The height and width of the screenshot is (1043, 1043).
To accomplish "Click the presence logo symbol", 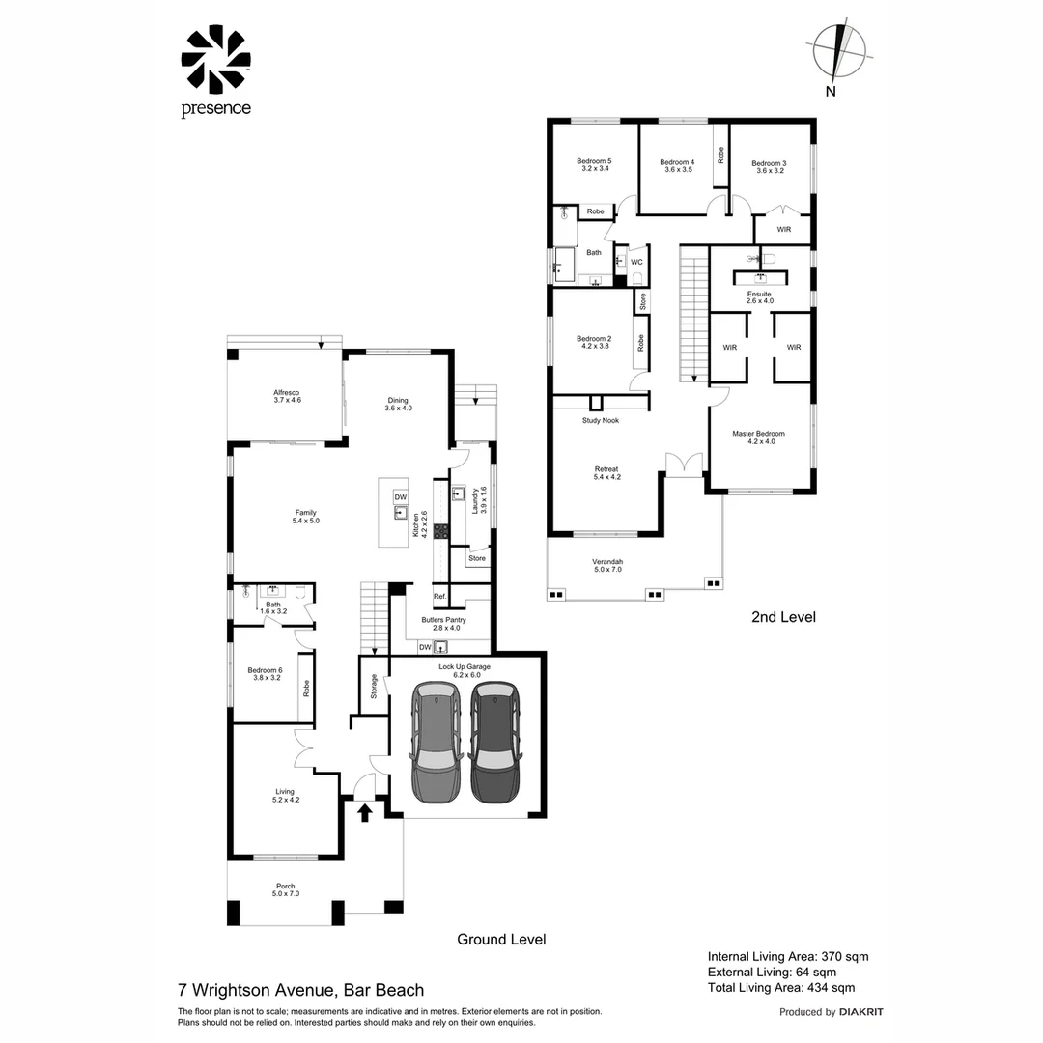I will click(215, 59).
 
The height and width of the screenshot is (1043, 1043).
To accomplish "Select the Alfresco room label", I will click(286, 393).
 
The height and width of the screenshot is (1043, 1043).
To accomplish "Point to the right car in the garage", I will click(494, 742).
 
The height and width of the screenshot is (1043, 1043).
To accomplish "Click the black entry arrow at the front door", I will click(364, 813).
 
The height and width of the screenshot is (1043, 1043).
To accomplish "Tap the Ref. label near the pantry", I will click(439, 596).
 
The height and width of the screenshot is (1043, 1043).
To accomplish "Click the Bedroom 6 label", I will click(264, 670).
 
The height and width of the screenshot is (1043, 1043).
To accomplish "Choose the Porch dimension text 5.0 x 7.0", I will click(286, 894).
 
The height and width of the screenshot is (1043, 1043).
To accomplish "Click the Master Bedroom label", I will click(758, 434).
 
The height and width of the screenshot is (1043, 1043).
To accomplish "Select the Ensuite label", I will click(759, 294).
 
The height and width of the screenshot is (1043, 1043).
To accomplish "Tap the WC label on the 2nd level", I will click(636, 262).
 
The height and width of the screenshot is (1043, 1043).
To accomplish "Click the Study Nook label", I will click(600, 421).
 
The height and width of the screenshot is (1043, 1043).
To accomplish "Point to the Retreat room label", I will click(606, 469).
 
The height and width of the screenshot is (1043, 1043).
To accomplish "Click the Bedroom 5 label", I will click(594, 161).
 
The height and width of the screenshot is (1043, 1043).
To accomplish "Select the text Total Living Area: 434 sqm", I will click(780, 987).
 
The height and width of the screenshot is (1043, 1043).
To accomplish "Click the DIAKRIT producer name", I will click(861, 1012).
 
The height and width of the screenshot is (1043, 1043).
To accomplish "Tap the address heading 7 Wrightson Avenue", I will click(256, 990).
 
